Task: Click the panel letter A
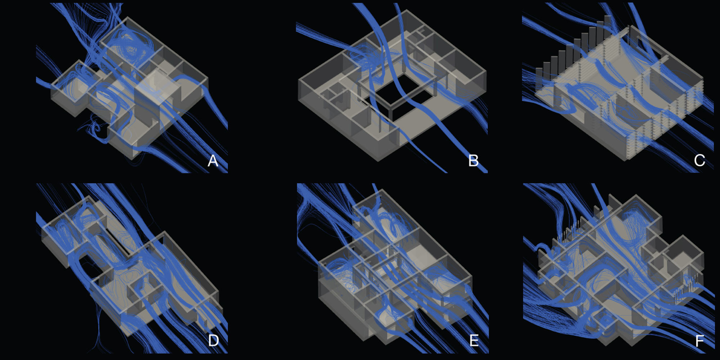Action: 213,161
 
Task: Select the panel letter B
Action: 473,161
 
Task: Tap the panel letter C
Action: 699,160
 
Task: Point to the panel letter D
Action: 213,340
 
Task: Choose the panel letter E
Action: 474,340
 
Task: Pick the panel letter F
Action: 700,341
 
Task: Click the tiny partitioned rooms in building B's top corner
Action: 419,34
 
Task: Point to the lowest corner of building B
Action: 378,161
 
